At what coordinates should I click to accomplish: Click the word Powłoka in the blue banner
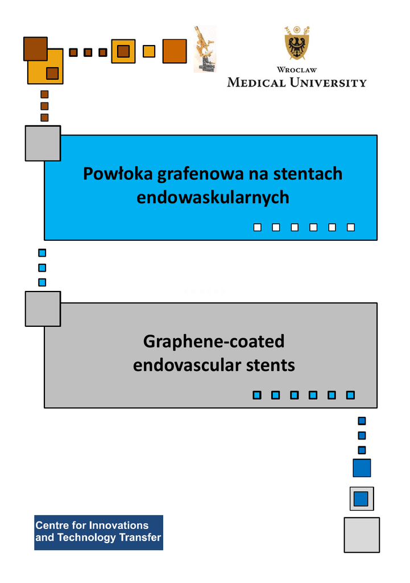point(118,174)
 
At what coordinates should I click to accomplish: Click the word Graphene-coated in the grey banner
point(214,342)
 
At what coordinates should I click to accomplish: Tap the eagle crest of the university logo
point(297,43)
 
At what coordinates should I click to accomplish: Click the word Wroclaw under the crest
point(297,70)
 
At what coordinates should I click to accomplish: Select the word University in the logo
point(328,83)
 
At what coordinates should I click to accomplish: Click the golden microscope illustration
point(205,49)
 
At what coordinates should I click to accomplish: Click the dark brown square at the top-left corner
point(35,49)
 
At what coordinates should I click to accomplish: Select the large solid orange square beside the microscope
point(175,51)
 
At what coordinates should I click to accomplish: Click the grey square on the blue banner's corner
point(43,143)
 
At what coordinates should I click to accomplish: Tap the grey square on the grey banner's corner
point(43,309)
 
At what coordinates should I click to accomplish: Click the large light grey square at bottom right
point(362,535)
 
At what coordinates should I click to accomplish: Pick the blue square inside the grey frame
point(361,499)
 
